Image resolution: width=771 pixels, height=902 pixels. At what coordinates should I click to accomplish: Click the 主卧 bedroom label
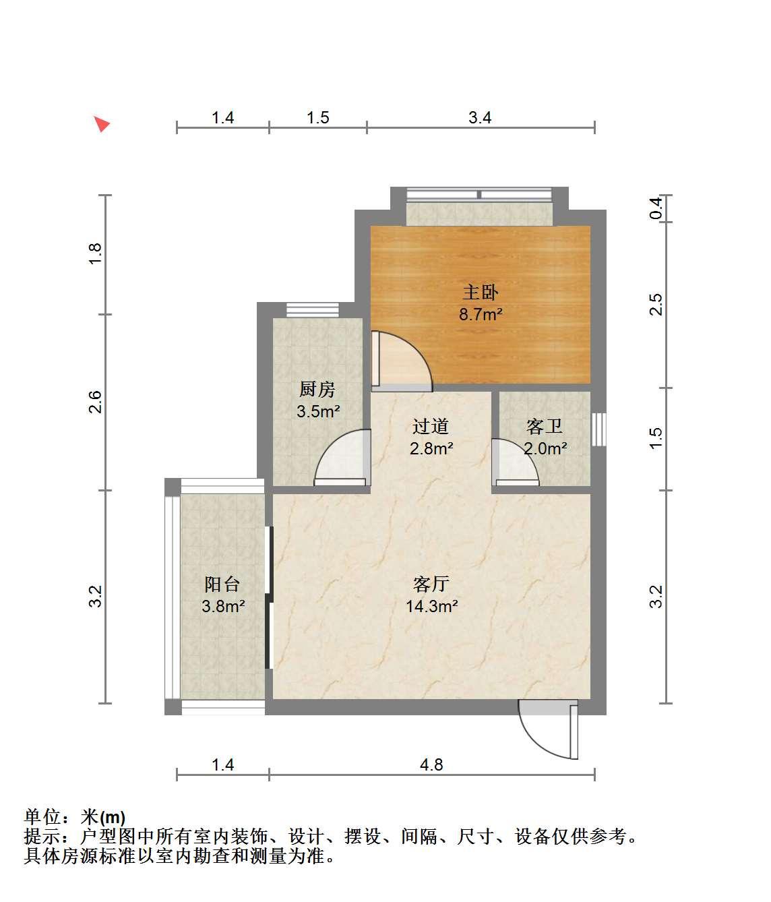click(x=480, y=293)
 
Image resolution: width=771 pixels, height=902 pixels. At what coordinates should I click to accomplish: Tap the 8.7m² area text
click(x=481, y=314)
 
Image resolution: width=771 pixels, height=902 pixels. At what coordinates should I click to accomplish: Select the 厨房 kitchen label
click(x=317, y=389)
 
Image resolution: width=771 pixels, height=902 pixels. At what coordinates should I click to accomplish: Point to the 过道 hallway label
click(x=431, y=426)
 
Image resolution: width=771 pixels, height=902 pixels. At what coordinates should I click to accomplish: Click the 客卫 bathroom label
click(x=544, y=426)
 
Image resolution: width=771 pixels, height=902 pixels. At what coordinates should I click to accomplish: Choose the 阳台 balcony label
click(x=222, y=584)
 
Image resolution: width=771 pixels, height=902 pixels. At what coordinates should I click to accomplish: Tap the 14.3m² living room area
click(x=432, y=606)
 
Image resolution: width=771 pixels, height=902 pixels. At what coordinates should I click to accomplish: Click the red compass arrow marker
click(x=102, y=124)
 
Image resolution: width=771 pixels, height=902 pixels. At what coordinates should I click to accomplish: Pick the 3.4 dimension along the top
click(x=480, y=117)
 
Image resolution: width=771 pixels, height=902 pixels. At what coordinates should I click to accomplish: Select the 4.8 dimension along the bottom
click(x=431, y=765)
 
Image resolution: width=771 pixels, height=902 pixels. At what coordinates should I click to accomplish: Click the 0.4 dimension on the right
click(x=656, y=208)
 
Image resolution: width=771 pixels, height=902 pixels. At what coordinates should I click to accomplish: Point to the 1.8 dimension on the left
click(x=95, y=253)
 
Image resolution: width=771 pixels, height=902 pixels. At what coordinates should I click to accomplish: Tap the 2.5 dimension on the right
click(x=656, y=305)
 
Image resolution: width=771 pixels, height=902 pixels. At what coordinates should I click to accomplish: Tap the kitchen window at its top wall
click(x=313, y=310)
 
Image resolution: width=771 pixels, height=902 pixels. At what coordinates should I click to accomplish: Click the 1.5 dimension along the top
click(x=317, y=117)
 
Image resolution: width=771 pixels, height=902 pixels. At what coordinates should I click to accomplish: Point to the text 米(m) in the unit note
click(x=103, y=816)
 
